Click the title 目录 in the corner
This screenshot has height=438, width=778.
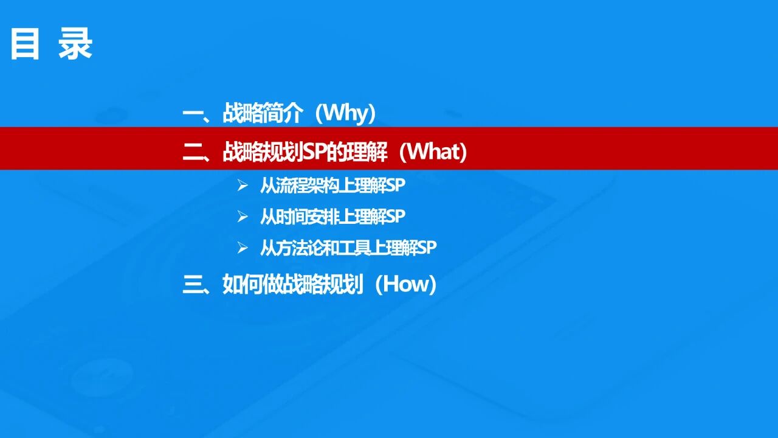(51, 45)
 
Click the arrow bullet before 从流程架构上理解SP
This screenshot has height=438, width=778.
(243, 186)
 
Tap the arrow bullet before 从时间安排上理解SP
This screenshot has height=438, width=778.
(243, 216)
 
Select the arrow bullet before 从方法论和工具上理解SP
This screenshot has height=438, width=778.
(243, 248)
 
